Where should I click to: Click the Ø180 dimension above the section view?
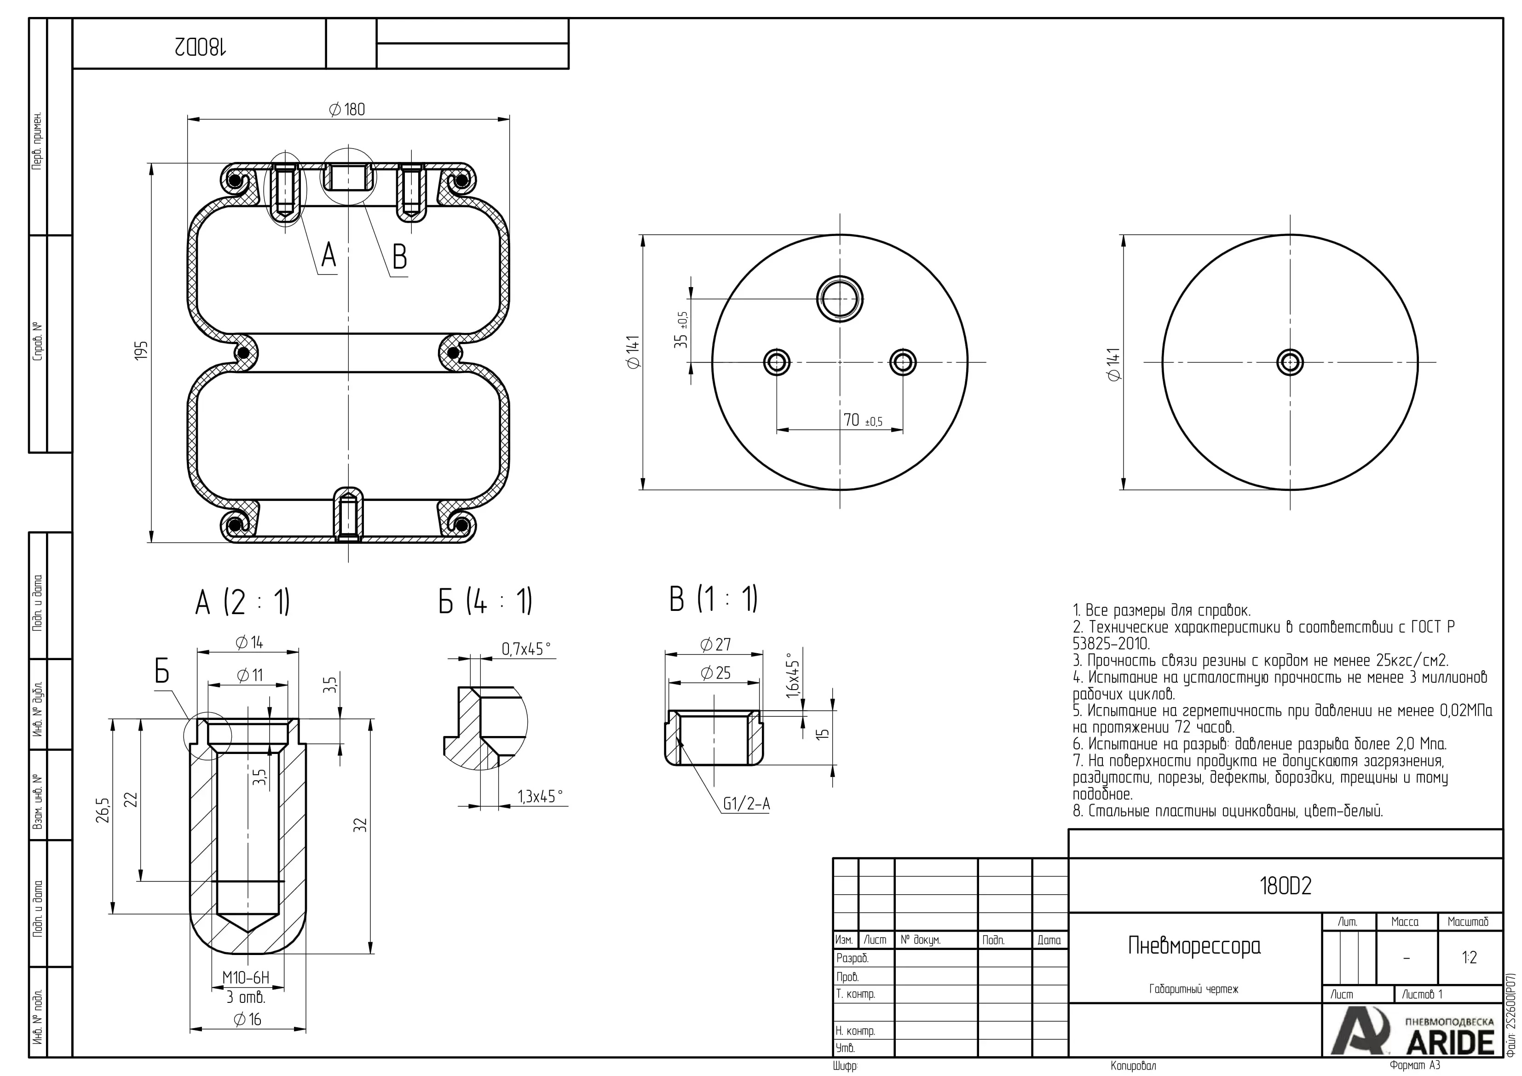click(347, 109)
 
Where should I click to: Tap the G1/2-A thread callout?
click(746, 804)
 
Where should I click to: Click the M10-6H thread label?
click(246, 977)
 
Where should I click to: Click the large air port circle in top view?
click(840, 299)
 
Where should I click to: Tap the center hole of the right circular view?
click(1290, 363)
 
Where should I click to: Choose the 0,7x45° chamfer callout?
click(526, 649)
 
